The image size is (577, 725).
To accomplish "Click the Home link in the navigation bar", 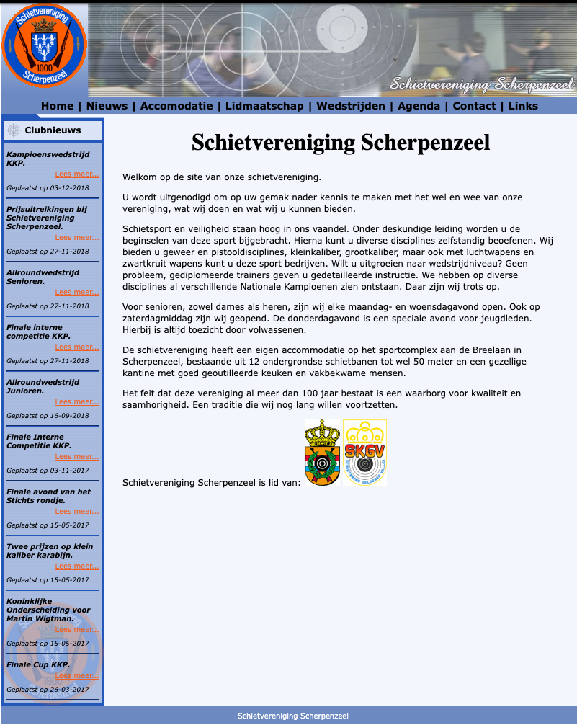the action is coord(57,106).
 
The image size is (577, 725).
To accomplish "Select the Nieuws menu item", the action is coord(107,106).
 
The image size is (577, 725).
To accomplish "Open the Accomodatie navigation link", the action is coord(176,106).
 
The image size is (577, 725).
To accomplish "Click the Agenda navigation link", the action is coord(419,106).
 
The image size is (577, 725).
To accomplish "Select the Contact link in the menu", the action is coord(474,106).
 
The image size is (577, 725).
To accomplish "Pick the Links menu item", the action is coord(523,106).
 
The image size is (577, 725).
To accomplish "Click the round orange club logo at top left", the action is coord(44,45).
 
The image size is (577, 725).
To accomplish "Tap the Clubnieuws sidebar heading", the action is coord(53,130).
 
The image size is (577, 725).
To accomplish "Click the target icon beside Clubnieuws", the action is coord(13,130).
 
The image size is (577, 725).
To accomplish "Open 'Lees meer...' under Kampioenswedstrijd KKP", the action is coord(77,174).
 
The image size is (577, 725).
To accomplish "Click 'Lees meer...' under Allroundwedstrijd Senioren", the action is coord(77,293).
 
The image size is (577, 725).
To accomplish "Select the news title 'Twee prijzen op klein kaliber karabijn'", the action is coord(49,551).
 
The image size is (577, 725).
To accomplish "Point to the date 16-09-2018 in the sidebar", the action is coord(70,416).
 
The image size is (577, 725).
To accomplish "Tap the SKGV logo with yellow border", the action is coord(364,453).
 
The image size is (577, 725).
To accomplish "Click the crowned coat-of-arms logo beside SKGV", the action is coord(322,453).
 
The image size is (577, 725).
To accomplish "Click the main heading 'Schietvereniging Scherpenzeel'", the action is coord(341,143).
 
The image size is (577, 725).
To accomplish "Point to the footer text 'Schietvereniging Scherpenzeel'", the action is coord(293,716).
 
